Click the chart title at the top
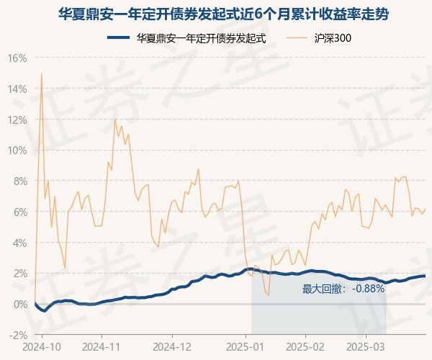(216, 13)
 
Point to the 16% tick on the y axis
(17, 58)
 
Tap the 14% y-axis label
(17, 89)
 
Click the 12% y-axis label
(17, 120)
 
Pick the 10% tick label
(17, 150)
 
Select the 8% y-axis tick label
(19, 181)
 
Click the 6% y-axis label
(19, 212)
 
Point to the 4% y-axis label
(19, 243)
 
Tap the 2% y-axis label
(19, 274)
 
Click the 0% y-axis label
(19, 304)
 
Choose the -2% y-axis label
(17, 335)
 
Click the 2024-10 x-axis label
(42, 346)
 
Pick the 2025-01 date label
(246, 346)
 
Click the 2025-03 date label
(366, 346)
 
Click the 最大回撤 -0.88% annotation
(343, 289)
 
